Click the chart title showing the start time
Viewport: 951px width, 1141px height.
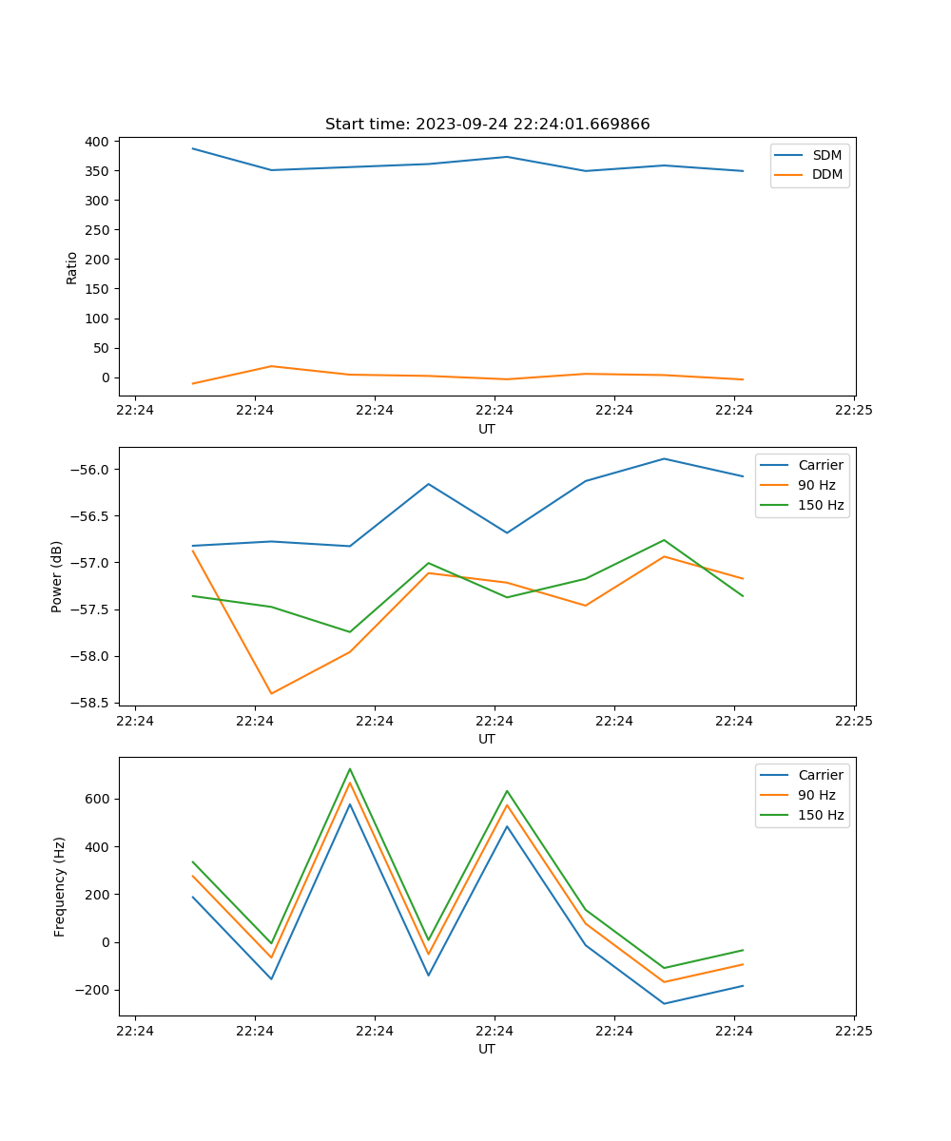(487, 125)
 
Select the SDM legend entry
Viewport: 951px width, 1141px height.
(826, 155)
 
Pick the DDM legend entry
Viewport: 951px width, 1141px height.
(826, 174)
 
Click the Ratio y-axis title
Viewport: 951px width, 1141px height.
(72, 267)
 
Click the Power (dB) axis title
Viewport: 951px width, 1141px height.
(58, 576)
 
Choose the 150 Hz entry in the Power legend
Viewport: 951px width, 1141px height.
(821, 505)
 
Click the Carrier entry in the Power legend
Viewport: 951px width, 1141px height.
(821, 465)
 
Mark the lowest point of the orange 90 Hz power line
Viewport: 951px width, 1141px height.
(271, 694)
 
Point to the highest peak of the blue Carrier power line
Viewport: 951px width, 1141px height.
(664, 458)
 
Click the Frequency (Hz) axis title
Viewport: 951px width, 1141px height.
(60, 886)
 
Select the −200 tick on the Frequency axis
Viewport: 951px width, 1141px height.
(94, 990)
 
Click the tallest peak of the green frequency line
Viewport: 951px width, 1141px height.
(350, 768)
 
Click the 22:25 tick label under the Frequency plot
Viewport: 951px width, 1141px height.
(854, 1031)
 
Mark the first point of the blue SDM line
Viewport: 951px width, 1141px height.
(193, 148)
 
